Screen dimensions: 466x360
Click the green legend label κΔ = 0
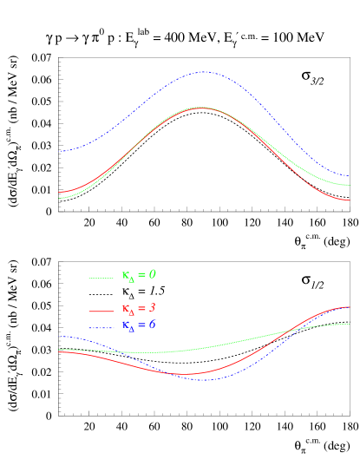[139, 275]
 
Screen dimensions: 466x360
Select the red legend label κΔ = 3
[139, 309]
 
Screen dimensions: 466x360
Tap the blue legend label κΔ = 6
[139, 325]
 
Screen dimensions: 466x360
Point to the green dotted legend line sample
[101, 278]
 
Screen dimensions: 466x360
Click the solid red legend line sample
[101, 310]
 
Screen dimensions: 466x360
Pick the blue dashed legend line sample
[101, 327]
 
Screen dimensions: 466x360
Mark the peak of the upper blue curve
[204, 72]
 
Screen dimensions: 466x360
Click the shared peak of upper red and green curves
[201, 107]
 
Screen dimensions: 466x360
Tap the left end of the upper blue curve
[60, 151]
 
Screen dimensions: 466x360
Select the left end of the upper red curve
[60, 192]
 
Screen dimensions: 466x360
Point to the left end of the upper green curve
[60, 198]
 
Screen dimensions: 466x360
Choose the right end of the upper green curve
[350, 185]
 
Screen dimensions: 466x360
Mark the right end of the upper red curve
[350, 200]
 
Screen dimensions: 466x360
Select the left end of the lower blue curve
[60, 336]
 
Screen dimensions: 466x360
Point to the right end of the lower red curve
[350, 306]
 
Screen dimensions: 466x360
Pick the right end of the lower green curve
[350, 324]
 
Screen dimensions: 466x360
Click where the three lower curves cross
[291, 331]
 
